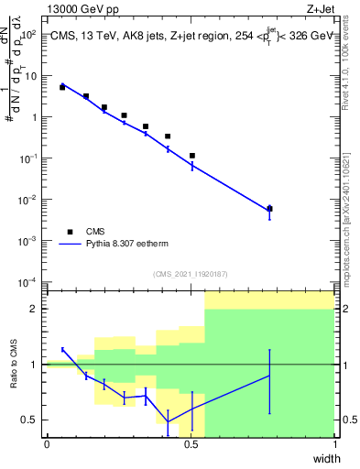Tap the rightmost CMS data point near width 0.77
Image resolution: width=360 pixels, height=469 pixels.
[x=269, y=209]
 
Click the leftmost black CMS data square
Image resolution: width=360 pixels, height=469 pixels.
[x=62, y=87]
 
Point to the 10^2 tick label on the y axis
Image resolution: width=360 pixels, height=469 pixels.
[x=29, y=35]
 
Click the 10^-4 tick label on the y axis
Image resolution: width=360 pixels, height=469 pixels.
[x=27, y=281]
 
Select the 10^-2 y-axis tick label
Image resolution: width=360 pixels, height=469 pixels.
[x=27, y=200]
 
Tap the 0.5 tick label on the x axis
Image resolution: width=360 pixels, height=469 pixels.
[x=191, y=445]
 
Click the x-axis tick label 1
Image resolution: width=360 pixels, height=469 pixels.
[x=334, y=445]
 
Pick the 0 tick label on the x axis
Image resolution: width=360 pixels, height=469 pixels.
[x=47, y=445]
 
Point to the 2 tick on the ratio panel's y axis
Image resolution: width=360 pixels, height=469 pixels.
[x=36, y=309]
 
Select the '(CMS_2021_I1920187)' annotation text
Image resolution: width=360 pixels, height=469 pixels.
[x=191, y=274]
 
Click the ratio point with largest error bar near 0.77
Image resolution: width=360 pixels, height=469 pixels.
[x=269, y=376]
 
